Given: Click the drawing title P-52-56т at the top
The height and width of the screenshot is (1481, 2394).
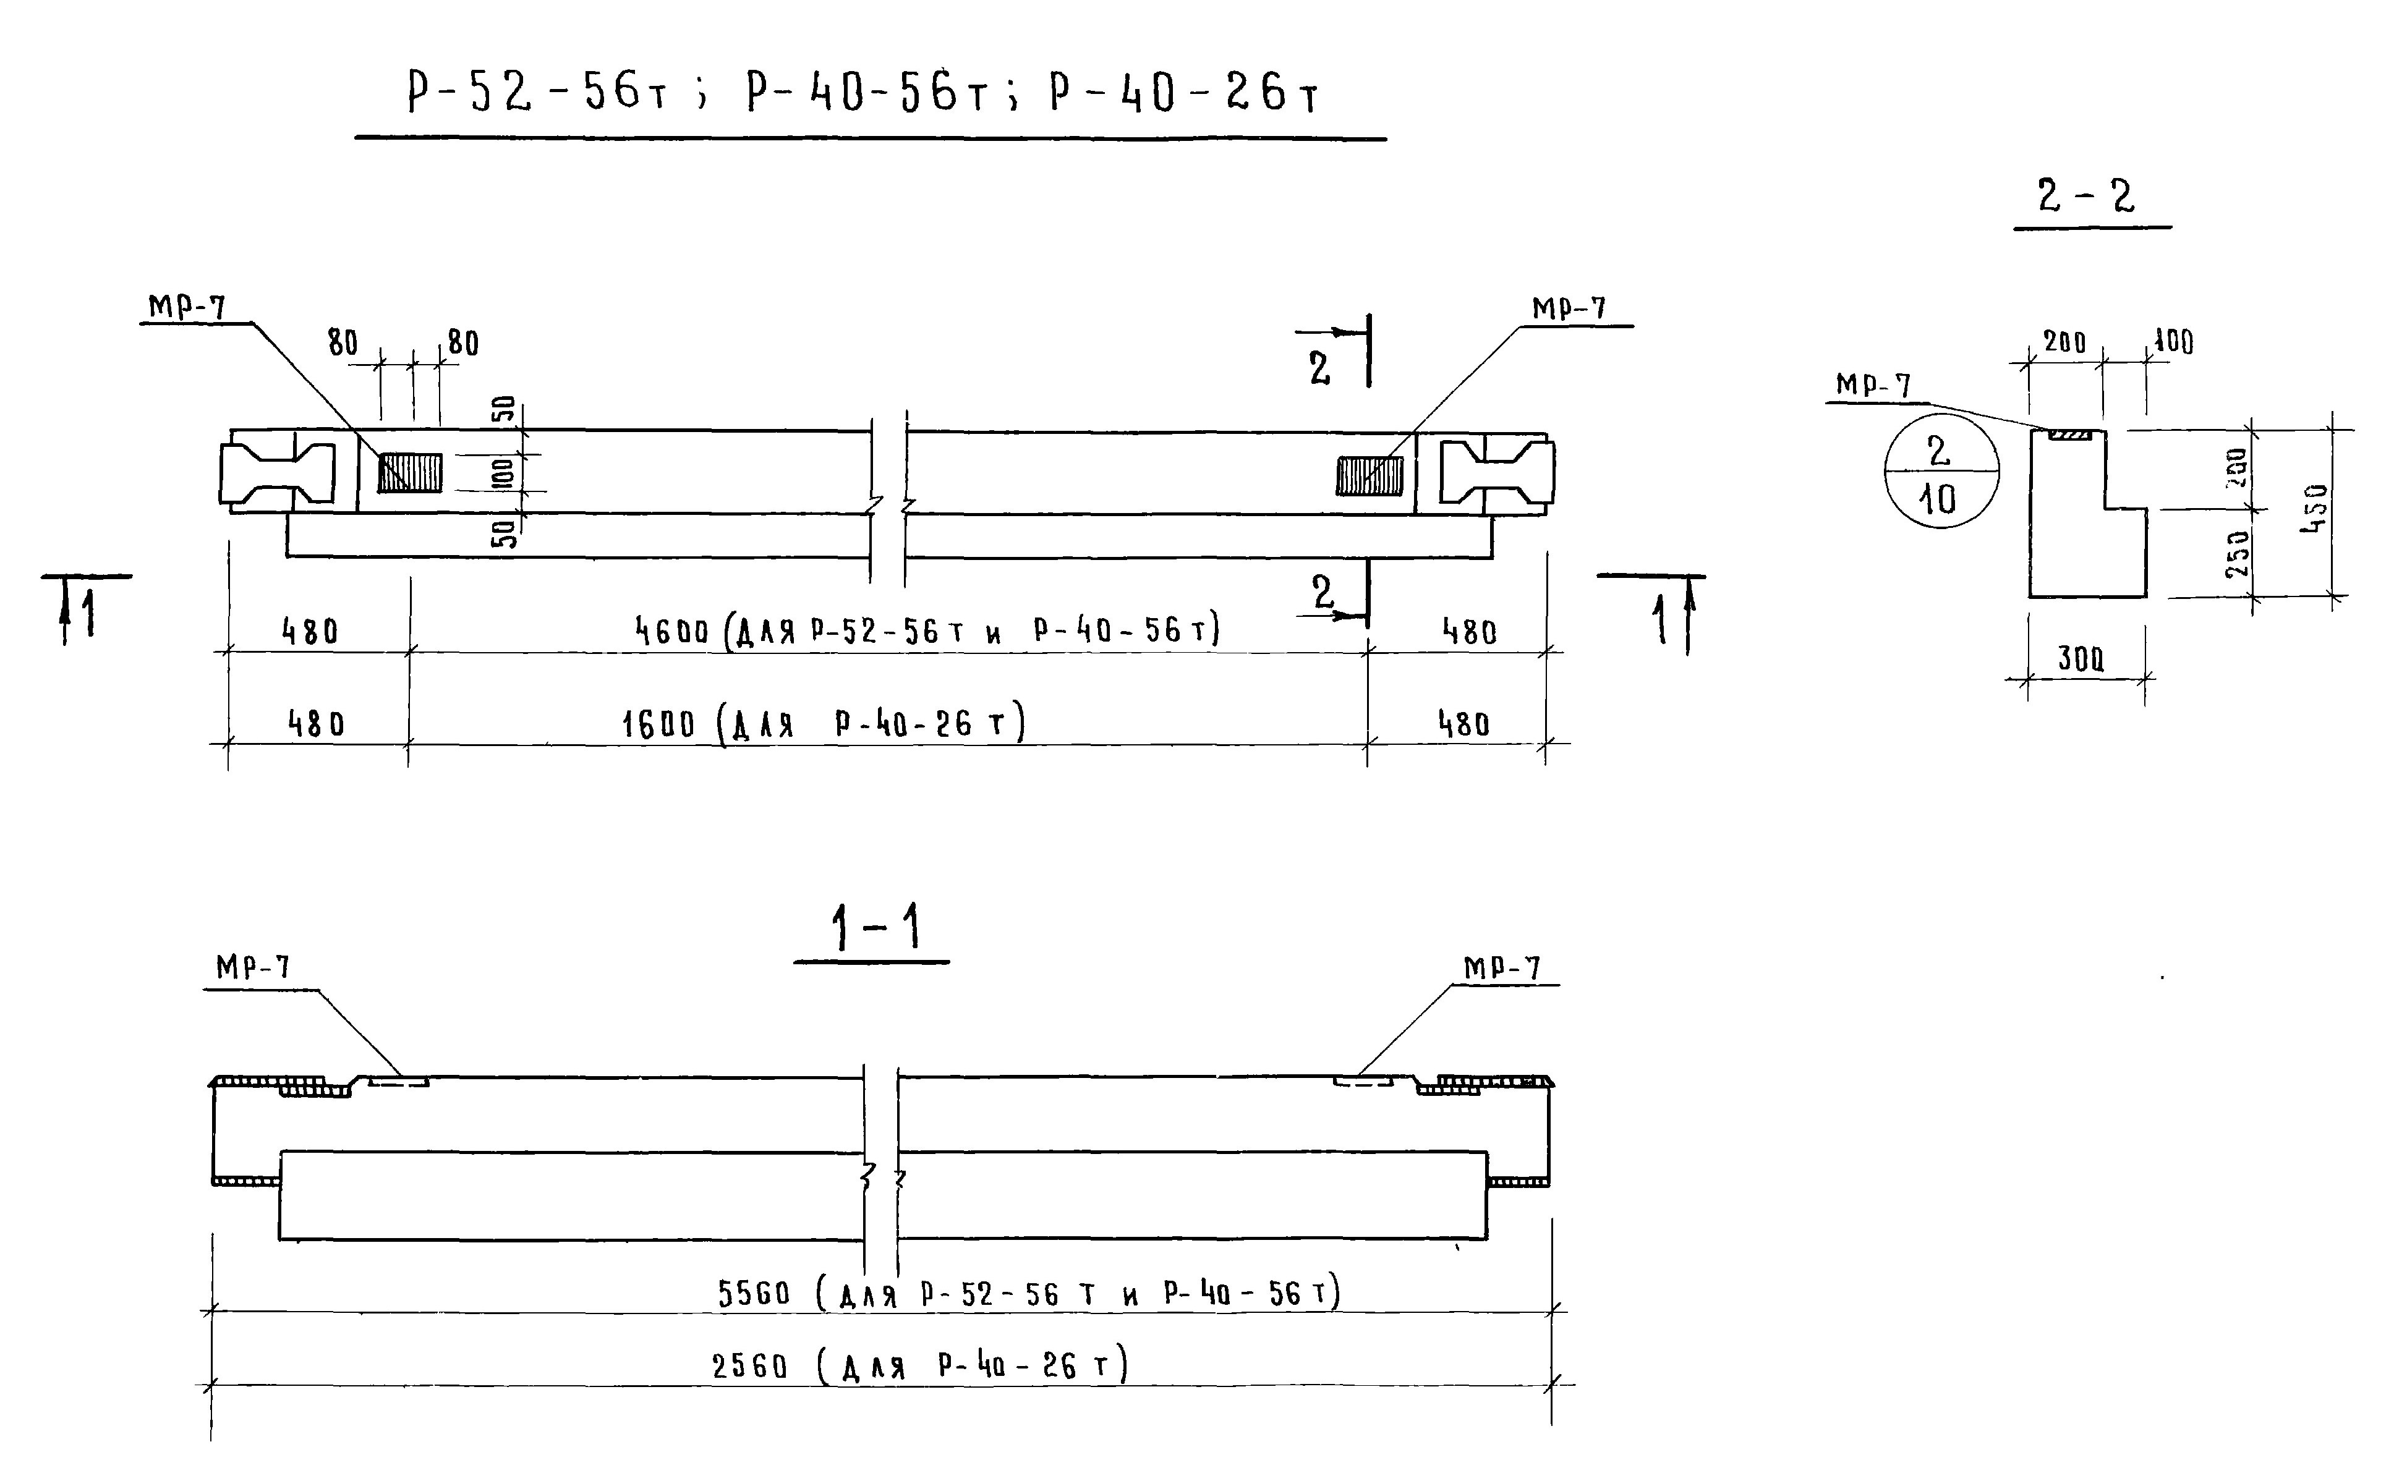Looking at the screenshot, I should coord(537,94).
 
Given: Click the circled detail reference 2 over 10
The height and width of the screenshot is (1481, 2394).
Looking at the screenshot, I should coord(1940,474).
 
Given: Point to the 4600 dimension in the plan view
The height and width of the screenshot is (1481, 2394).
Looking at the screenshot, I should coord(672,632).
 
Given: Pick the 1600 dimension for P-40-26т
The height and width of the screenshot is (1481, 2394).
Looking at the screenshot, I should coord(658,725).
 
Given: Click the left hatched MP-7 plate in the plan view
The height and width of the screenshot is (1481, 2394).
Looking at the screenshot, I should coord(411,473).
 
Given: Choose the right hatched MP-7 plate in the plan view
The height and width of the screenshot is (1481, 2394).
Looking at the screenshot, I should coord(1370,476).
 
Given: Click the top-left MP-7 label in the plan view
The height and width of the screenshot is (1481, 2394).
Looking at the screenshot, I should coord(187,308).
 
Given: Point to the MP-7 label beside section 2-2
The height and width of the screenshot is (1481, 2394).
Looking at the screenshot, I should coord(1873,385).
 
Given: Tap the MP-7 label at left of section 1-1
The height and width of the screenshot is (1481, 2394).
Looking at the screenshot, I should coord(253,968).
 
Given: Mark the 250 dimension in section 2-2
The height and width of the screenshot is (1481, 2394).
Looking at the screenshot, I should coord(2238,553).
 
